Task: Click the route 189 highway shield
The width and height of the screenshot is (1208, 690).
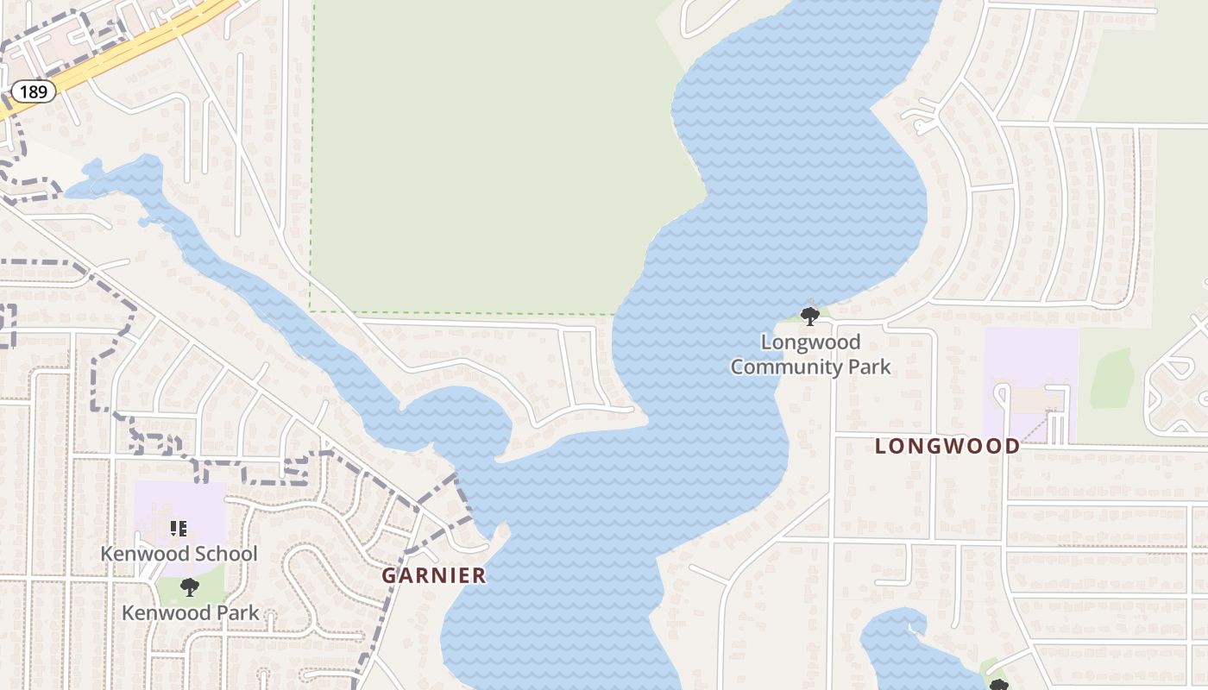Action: click(33, 91)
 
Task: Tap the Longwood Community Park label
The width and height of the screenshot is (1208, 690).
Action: click(810, 354)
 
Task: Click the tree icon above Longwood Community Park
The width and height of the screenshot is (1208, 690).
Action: click(809, 317)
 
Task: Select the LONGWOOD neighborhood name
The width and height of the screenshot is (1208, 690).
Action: click(947, 446)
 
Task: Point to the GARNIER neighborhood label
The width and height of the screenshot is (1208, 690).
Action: click(434, 575)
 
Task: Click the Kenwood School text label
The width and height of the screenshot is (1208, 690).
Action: click(179, 554)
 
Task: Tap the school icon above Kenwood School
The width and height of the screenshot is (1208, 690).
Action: click(178, 528)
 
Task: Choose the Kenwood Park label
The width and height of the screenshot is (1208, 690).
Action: click(190, 613)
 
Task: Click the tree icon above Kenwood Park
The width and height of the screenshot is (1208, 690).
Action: click(189, 587)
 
